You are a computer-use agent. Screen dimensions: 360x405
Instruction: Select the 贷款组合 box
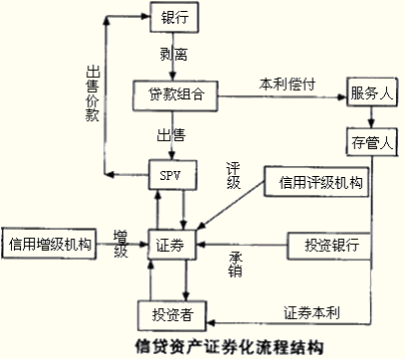coord(174,94)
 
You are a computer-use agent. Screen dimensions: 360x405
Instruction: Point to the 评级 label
coord(236,177)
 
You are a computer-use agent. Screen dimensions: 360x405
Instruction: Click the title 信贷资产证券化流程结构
coord(231,347)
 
